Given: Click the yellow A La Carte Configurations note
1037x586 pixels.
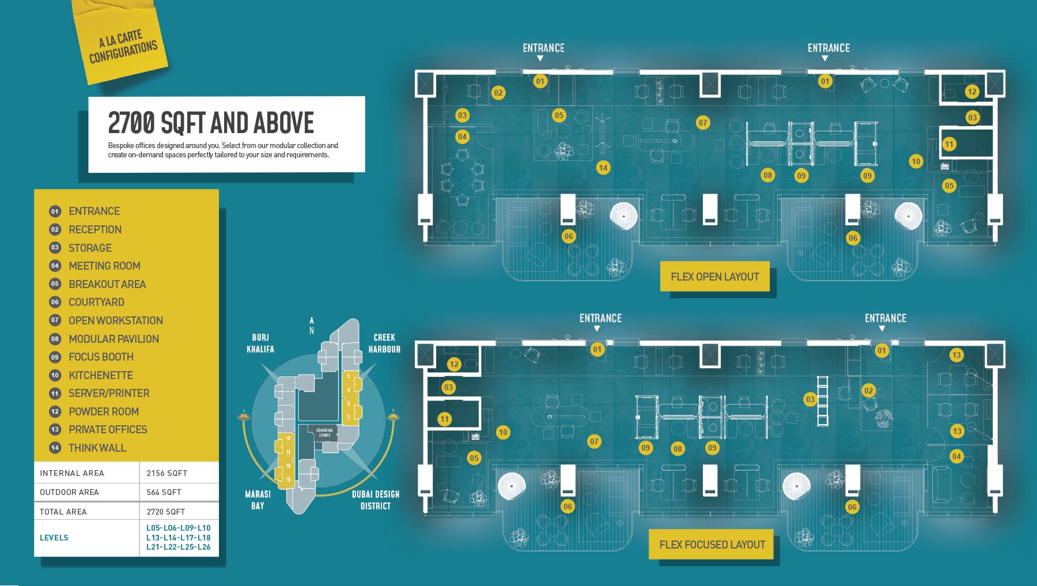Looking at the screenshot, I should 122,45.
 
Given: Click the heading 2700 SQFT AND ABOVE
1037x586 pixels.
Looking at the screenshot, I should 211,122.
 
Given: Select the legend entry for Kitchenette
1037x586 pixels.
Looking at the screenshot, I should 100,375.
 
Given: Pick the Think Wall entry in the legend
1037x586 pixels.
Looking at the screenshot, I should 97,448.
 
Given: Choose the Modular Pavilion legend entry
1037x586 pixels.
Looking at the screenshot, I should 113,339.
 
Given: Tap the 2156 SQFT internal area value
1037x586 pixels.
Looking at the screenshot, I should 166,473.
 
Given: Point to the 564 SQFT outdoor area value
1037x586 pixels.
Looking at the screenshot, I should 164,492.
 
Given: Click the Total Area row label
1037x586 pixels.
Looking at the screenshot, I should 63,512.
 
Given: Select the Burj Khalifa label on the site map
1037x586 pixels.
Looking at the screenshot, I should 260,343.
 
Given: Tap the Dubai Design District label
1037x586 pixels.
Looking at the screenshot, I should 375,500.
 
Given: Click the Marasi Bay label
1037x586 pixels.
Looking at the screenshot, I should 258,500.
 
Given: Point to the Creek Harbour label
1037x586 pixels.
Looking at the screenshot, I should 384,343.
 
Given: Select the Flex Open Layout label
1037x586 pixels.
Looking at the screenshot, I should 714,277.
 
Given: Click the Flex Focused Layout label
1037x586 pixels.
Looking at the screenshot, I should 712,545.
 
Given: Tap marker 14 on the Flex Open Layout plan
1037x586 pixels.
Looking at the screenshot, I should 603,168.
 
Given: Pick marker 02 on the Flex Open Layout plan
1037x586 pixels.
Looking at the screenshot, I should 498,93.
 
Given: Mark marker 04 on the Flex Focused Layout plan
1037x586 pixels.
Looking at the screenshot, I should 956,456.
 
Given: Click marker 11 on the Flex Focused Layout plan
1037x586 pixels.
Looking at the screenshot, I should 444,419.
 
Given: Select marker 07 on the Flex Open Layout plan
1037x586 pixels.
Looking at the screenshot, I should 703,122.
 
